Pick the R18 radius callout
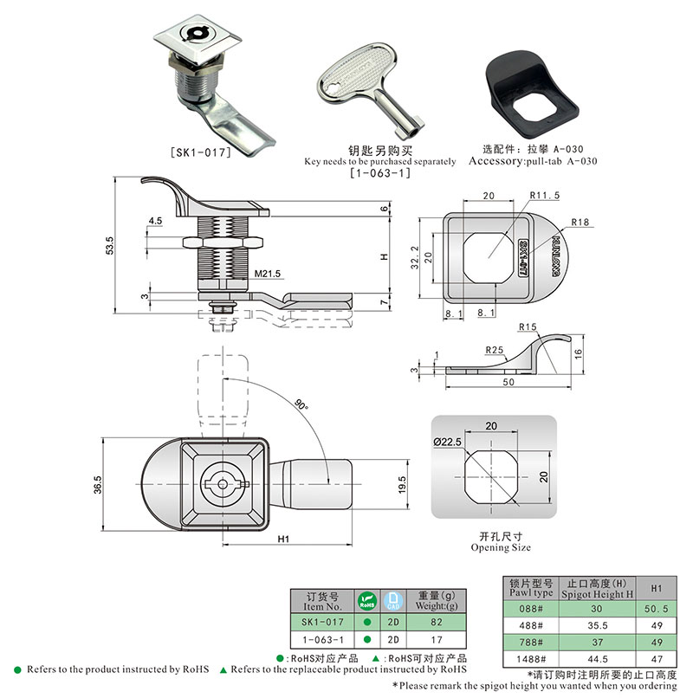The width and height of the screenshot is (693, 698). tap(580, 223)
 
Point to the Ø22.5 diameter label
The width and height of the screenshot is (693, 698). tap(448, 442)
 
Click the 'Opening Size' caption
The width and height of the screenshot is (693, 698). tap(501, 547)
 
